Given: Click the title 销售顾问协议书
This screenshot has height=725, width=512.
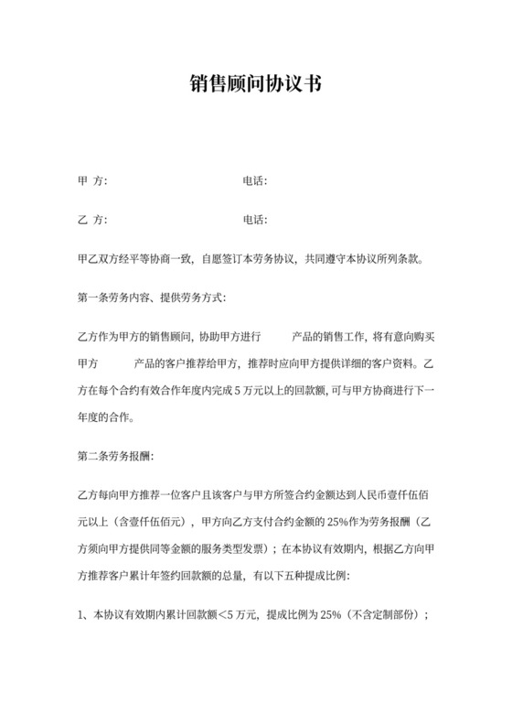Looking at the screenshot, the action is pos(255,84).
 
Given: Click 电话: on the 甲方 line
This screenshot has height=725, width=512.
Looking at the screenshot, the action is pos(254,180).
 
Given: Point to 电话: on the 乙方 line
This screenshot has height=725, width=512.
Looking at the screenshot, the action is pos(254,220).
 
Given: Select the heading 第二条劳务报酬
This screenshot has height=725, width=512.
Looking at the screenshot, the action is pos(118,455).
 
